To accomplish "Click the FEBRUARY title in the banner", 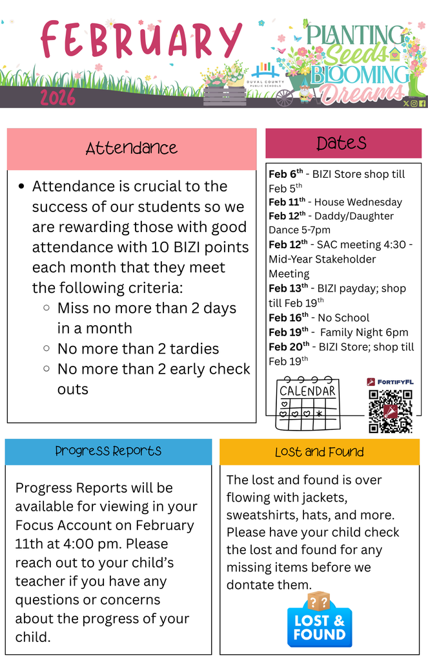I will coord(141,40).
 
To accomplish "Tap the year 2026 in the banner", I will coord(58,98).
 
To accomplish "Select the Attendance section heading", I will coord(132,149).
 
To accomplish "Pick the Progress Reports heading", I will coord(108,451).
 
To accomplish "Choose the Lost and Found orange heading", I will coord(319,452).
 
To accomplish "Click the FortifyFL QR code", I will coord(390,411).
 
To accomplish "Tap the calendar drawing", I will coord(307,403).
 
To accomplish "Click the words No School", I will coord(343,317).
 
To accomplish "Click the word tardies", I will coord(194,348).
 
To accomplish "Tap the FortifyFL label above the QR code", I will coord(395,382).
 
